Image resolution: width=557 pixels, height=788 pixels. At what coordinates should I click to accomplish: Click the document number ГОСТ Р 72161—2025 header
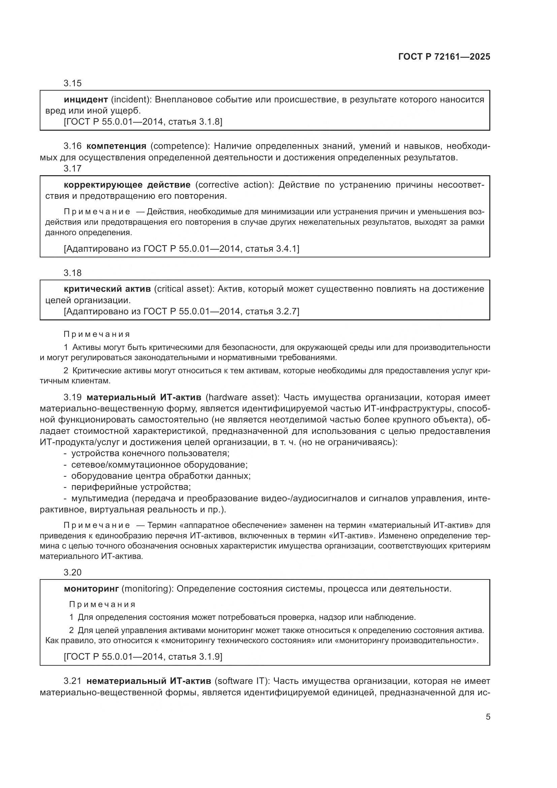click(444, 57)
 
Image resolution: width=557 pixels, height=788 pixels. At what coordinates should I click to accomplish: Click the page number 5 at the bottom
click(488, 717)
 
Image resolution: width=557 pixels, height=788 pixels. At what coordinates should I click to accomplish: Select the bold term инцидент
click(86, 100)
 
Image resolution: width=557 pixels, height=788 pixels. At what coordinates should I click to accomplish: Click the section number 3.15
click(72, 83)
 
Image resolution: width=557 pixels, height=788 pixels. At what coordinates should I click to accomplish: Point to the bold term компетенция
click(116, 146)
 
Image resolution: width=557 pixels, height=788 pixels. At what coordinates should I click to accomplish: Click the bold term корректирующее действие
click(127, 185)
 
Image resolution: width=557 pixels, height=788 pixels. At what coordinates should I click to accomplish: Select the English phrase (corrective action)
click(234, 185)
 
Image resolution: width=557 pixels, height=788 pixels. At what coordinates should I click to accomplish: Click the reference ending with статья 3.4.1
click(181, 249)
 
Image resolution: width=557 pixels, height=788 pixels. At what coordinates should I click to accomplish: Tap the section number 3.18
click(72, 273)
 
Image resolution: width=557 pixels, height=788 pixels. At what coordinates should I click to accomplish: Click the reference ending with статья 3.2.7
click(181, 311)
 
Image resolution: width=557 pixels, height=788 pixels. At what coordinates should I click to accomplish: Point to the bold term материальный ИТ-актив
click(144, 398)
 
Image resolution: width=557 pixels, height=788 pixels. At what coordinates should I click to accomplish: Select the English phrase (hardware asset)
click(242, 398)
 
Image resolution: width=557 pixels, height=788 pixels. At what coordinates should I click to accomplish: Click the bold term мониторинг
click(91, 589)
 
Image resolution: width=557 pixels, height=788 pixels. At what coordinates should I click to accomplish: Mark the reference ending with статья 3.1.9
click(143, 657)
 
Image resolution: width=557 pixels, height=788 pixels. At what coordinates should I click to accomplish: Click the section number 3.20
click(72, 572)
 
